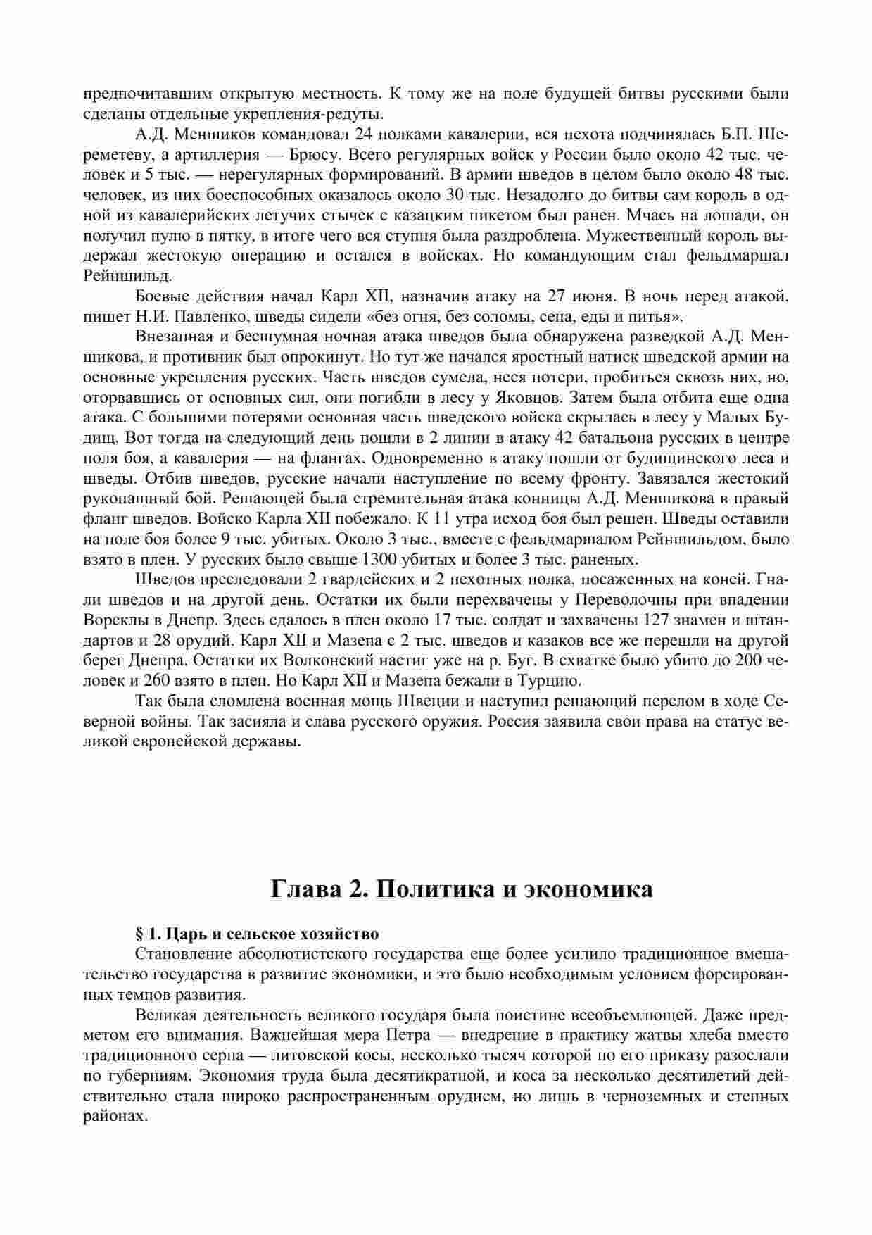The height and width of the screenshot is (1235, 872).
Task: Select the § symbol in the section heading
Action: (x=139, y=934)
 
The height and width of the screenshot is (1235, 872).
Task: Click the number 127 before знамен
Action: (x=657, y=621)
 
